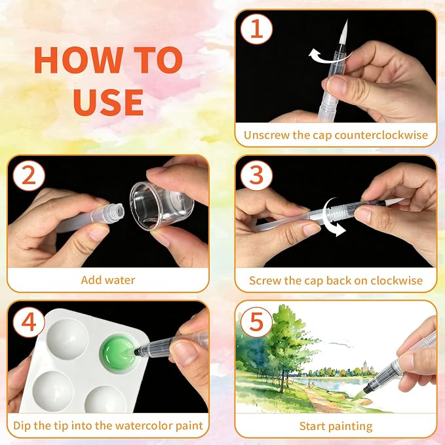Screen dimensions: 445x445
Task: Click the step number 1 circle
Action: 256,29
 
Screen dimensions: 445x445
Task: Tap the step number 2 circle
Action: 29,176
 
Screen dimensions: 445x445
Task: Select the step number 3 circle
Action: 256,174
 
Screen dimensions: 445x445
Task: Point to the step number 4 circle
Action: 29,322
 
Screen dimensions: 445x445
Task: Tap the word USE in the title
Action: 108,102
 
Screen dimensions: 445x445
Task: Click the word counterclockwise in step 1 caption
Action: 381,135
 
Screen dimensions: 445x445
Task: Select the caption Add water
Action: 108,280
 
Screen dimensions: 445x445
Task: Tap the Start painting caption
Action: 336,426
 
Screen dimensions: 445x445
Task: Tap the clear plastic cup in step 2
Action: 162,206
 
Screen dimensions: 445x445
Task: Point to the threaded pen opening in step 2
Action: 117,211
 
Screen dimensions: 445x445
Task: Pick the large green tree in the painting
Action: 286,341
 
